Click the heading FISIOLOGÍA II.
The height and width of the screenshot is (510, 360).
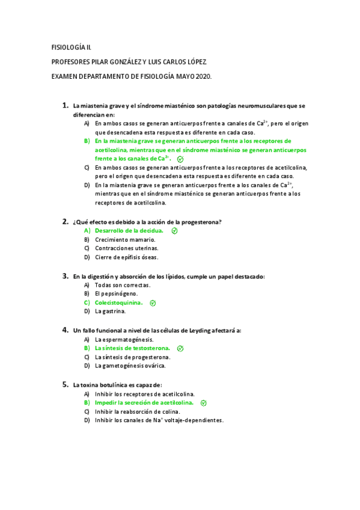tap(72, 46)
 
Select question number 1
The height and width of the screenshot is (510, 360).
tap(65, 106)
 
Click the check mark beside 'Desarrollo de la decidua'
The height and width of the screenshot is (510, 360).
tap(174, 230)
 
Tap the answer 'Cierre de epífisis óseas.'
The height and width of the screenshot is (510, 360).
tap(126, 257)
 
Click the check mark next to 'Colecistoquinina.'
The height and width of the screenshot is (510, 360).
tap(153, 303)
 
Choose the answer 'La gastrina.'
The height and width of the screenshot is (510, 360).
tap(110, 312)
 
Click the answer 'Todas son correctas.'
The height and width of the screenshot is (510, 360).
tap(122, 284)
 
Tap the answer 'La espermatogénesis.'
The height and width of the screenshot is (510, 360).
tap(124, 339)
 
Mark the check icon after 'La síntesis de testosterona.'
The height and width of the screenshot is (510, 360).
tap(180, 348)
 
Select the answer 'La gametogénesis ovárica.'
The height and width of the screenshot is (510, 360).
tap(130, 366)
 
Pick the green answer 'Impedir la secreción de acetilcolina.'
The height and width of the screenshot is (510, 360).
tap(144, 402)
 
